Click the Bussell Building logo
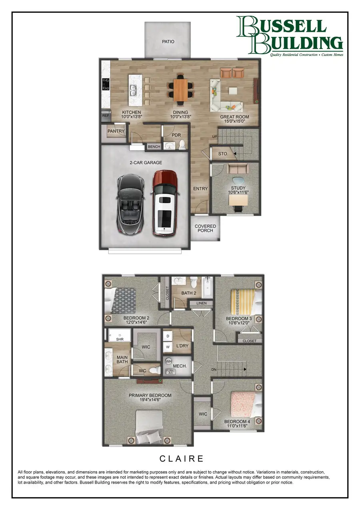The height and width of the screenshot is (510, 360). pos(289,36)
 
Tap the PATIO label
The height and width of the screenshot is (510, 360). pos(168,42)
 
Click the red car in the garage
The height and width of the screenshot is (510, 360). pos(164,203)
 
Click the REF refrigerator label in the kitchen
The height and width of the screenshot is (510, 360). pos(106,116)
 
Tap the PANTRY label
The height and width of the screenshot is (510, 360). pos(116,131)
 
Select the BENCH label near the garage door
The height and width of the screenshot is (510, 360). pos(154,147)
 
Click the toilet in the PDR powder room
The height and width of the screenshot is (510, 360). pos(182,145)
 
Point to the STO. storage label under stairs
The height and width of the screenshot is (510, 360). pos(223,154)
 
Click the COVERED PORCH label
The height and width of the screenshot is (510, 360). pos(205,229)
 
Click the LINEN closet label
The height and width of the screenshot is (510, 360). pos(202,303)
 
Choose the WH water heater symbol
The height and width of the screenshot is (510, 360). pos(169,361)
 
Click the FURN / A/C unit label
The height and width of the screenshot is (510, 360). pos(170,371)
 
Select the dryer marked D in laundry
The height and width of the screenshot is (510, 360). pos(168,335)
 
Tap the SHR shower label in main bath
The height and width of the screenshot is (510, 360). pos(120,339)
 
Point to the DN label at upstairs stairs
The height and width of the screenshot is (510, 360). pos(214,369)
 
